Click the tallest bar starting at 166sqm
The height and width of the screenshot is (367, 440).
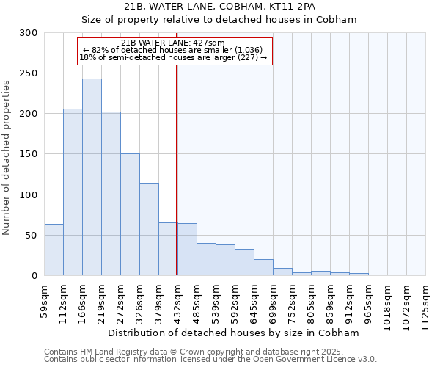(92, 177)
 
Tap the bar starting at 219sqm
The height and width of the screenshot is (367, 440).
(111, 194)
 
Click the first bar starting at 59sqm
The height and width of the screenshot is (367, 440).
(54, 250)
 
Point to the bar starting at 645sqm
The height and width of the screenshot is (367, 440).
(263, 267)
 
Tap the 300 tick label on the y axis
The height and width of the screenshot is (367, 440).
(29, 33)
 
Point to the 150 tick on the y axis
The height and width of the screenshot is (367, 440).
(29, 154)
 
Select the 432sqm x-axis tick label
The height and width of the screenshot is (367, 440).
(177, 299)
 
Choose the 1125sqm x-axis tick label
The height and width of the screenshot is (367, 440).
(425, 302)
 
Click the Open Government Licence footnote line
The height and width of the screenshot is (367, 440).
(210, 360)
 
